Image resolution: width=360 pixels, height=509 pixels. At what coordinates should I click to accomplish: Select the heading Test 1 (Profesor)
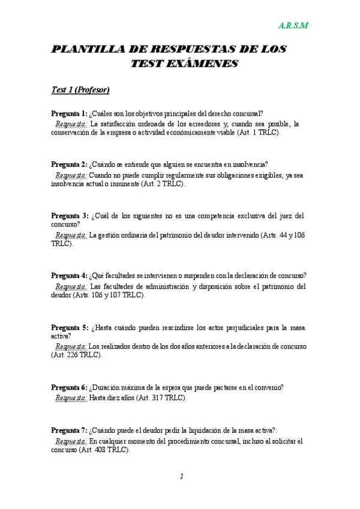click(80, 90)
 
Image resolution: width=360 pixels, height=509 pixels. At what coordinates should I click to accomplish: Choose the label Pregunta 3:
click(70, 215)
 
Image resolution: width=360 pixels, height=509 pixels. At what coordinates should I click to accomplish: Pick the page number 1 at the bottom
click(181, 477)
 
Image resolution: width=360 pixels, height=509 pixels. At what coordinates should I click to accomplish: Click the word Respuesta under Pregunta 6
click(70, 397)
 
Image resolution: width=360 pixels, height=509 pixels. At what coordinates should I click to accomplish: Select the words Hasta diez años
click(112, 397)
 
